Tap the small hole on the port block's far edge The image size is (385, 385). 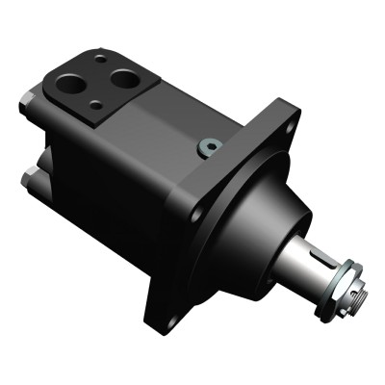coord(99,59)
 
